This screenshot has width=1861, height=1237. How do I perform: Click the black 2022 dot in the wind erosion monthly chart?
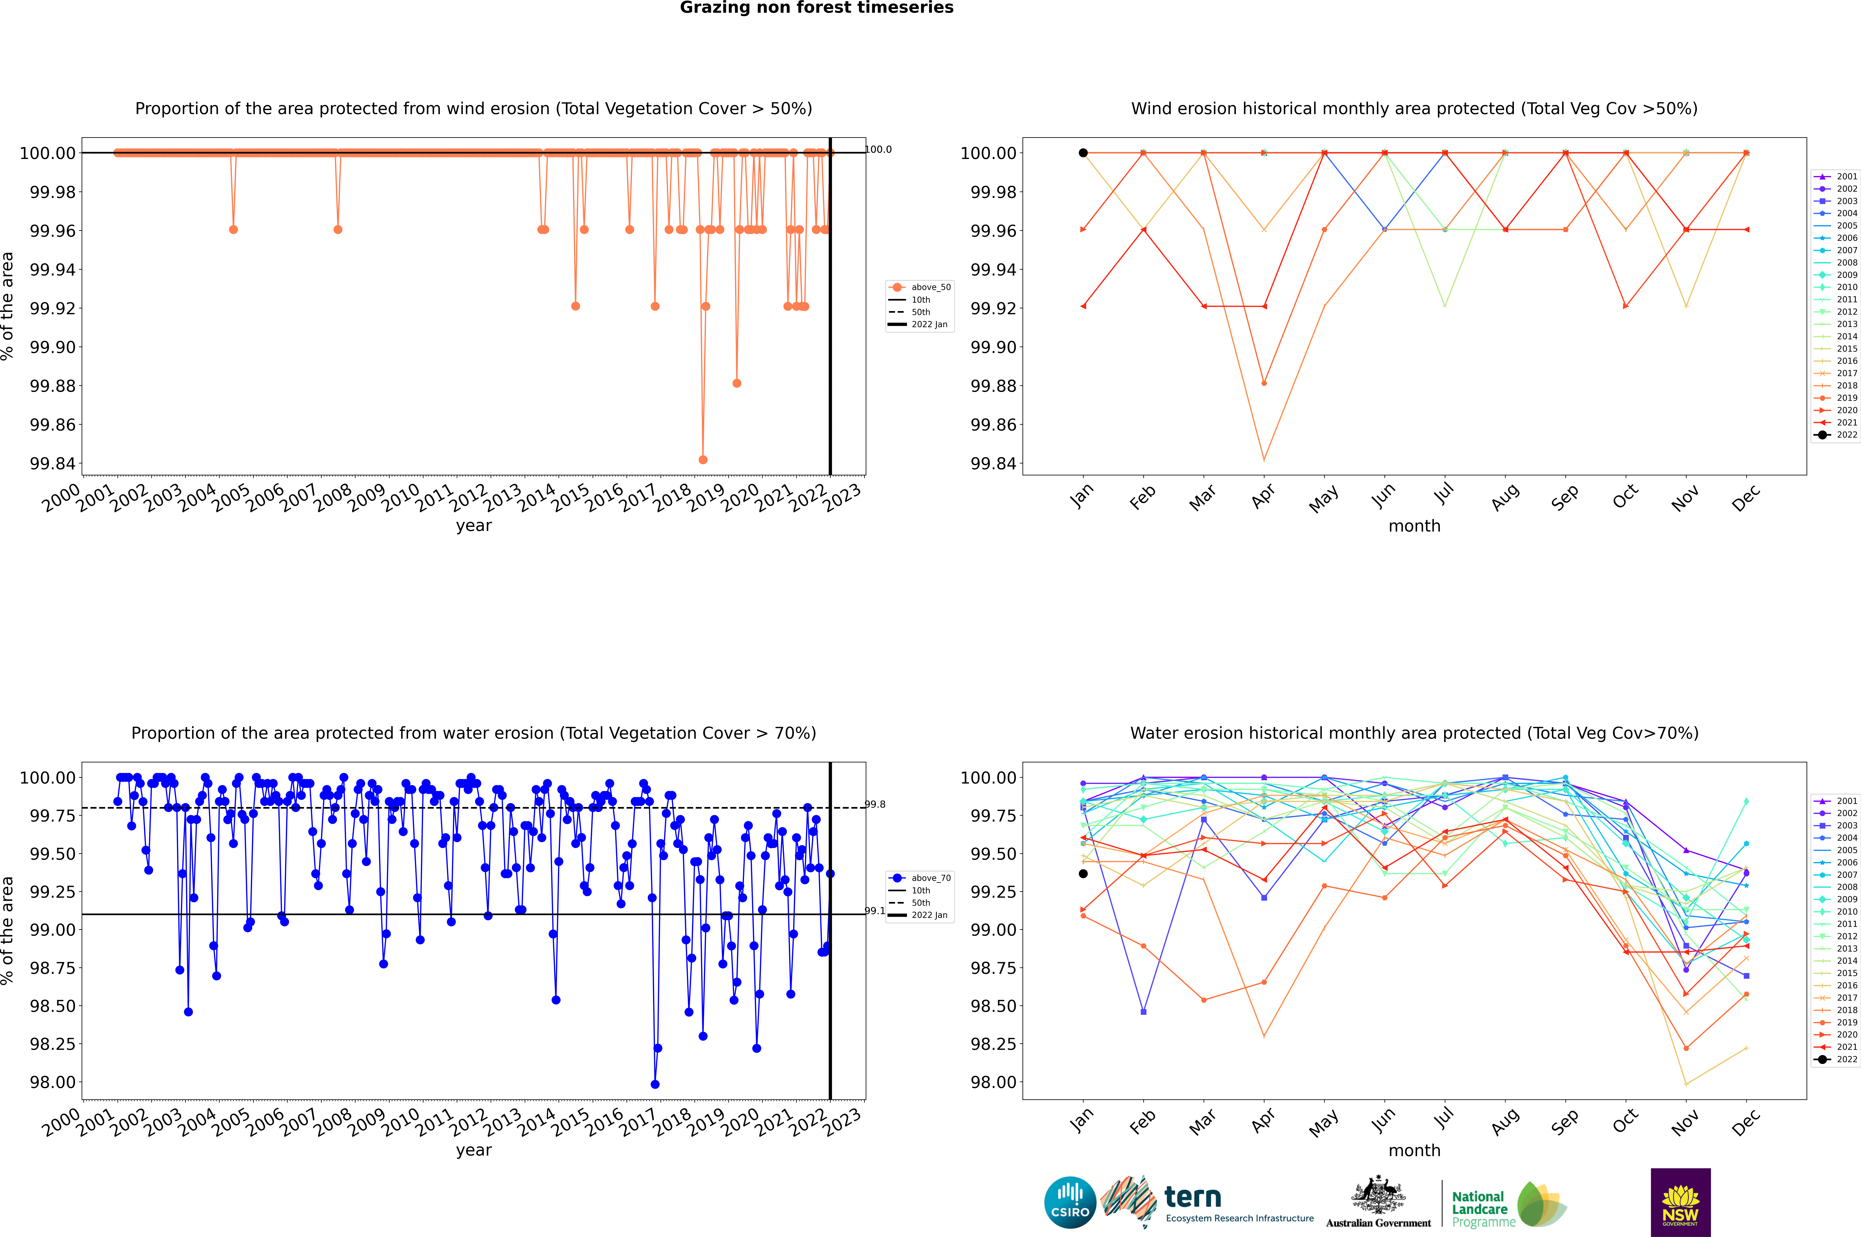1083,153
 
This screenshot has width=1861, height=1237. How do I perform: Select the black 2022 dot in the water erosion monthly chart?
1083,873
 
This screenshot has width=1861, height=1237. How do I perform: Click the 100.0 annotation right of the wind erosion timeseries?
878,149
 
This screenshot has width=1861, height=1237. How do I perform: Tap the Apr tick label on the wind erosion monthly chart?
1263,496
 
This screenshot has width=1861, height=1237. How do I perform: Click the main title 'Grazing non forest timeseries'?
817,8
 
